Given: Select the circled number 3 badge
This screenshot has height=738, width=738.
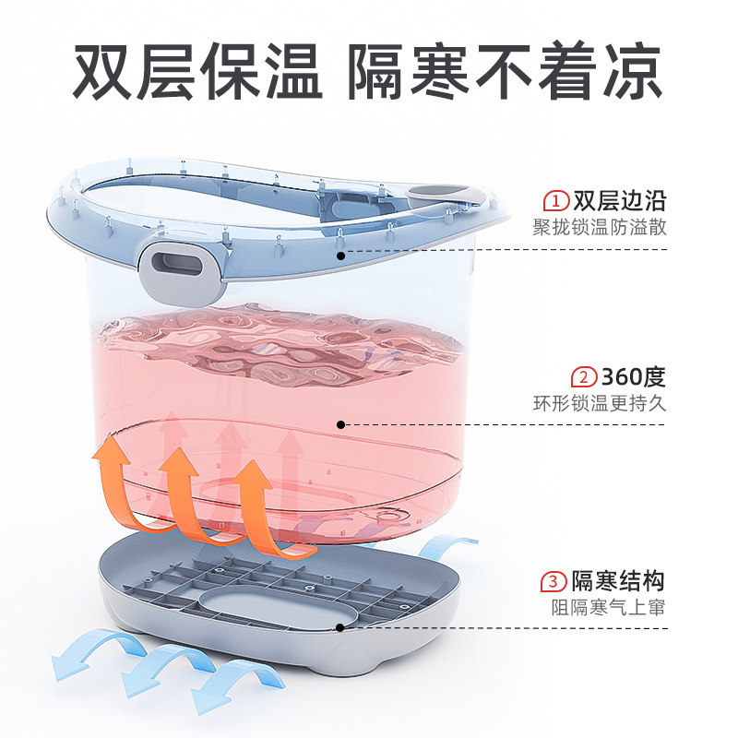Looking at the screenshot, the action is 553,581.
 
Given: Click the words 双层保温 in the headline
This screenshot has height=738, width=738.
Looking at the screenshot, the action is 197,72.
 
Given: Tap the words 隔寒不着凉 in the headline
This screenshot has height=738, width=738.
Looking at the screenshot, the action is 505,72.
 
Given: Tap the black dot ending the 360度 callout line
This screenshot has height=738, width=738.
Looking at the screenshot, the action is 340,424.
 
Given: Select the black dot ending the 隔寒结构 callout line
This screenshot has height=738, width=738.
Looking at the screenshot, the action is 340,627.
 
